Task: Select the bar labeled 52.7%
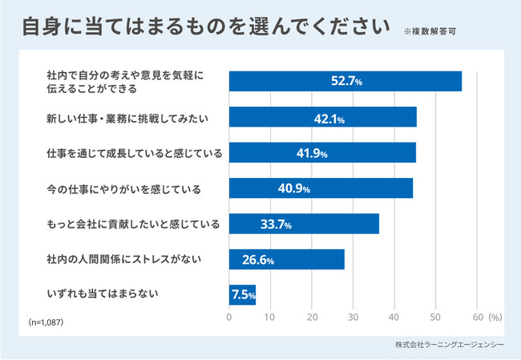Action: [345, 81]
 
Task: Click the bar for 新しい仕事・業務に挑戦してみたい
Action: [323, 117]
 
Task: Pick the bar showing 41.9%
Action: [322, 152]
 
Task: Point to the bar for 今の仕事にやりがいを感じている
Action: [321, 188]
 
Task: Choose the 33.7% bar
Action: [304, 223]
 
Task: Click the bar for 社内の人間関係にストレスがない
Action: [286, 259]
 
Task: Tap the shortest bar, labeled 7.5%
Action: [242, 294]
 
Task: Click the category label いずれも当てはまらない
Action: [101, 294]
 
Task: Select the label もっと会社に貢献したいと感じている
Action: [133, 223]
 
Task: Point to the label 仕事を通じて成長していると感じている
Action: [134, 152]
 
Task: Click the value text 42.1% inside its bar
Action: [329, 119]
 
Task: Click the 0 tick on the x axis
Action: [229, 316]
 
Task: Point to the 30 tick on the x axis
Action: [353, 316]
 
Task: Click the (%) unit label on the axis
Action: [495, 316]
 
